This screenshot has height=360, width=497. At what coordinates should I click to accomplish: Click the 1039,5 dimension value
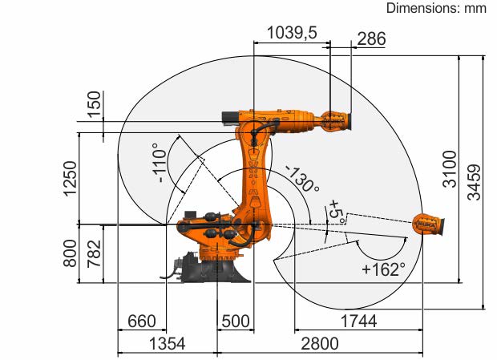[292, 32]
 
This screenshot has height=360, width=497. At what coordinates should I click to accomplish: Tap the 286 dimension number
[371, 39]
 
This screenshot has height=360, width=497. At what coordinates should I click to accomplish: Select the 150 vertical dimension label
[94, 104]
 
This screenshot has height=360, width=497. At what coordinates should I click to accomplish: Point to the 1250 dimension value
[70, 179]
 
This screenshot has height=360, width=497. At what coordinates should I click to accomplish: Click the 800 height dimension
[70, 253]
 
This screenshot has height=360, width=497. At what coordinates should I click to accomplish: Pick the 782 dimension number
[94, 253]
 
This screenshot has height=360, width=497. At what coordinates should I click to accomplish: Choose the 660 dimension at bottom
[142, 321]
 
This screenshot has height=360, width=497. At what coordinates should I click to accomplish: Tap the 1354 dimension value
[167, 343]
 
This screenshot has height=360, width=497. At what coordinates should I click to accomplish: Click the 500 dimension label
[236, 321]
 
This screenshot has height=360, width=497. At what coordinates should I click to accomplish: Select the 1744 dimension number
[358, 321]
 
